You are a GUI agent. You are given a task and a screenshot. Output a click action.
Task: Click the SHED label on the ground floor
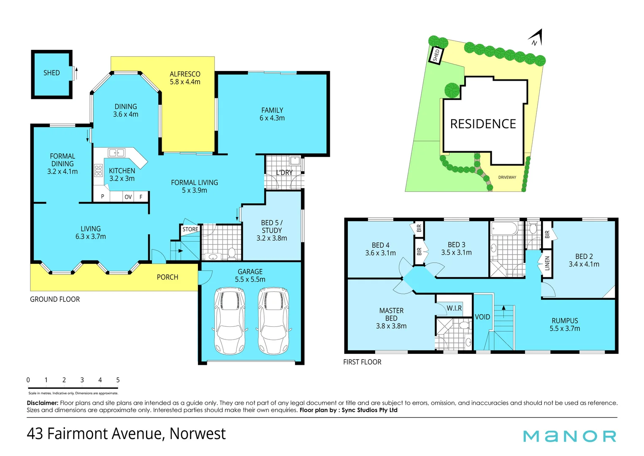point(51,73)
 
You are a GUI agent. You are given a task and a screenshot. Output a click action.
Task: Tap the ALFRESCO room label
point(185,74)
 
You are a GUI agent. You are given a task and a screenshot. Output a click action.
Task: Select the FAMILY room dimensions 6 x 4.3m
point(272,118)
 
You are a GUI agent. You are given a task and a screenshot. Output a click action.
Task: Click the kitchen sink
point(116,152)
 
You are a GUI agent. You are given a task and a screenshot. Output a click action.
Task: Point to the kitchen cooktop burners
point(98,170)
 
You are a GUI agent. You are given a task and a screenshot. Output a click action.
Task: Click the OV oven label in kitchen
point(128,197)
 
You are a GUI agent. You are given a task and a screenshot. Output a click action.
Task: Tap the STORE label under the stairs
point(190,229)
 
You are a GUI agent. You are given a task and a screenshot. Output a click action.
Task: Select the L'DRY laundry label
point(284,173)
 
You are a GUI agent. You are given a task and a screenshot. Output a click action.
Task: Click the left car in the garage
point(230,321)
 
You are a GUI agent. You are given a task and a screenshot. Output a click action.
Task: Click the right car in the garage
point(273,321)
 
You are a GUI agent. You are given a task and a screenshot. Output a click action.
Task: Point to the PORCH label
point(168,277)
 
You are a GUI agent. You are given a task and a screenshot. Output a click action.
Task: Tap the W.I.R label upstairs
point(455,308)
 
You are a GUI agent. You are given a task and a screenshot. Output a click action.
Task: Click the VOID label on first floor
point(482,317)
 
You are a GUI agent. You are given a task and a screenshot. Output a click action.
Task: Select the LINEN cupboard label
point(547,263)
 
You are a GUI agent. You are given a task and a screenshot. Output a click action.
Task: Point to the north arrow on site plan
point(536,38)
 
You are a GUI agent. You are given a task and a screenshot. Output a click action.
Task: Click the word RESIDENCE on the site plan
point(483,124)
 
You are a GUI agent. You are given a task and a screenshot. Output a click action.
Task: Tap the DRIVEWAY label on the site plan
point(507,177)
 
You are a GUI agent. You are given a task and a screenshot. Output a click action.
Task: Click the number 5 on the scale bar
point(118,380)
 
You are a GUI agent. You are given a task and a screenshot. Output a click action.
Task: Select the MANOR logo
point(569,436)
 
